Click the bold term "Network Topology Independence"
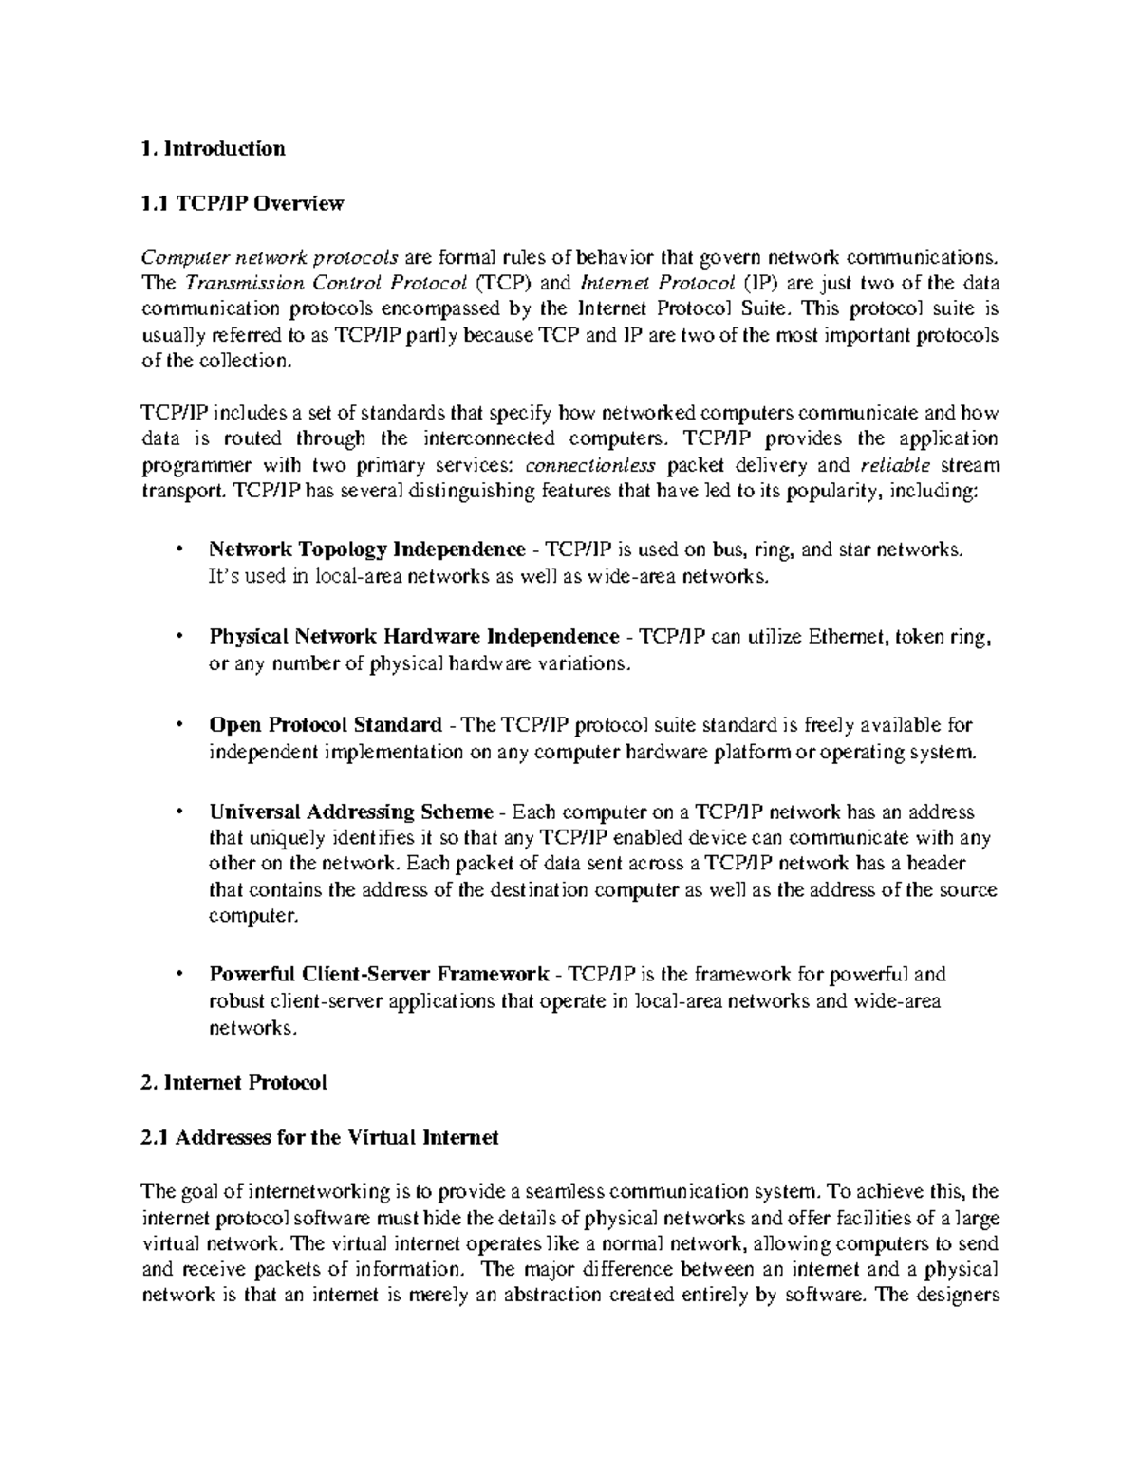click(366, 550)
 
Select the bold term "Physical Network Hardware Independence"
click(413, 637)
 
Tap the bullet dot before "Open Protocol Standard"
click(177, 725)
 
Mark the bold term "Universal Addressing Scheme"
click(350, 812)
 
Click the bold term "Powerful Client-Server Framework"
click(378, 975)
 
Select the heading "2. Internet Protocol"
click(233, 1083)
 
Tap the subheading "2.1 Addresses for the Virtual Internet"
click(319, 1137)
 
